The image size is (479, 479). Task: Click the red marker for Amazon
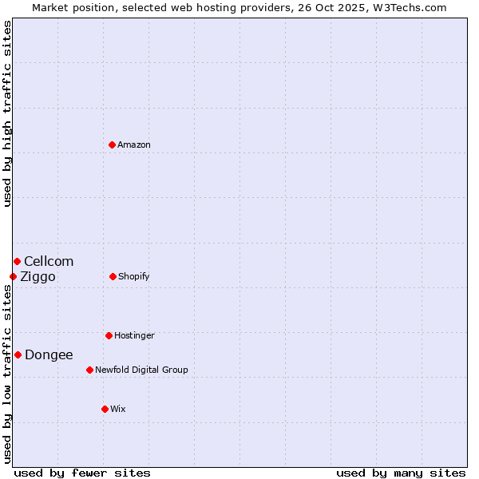click(x=113, y=144)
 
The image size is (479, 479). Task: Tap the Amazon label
click(x=134, y=144)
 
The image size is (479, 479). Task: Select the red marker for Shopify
click(x=113, y=276)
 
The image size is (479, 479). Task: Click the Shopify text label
click(x=134, y=276)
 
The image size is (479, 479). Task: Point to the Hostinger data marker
click(x=109, y=335)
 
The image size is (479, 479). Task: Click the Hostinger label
click(x=134, y=335)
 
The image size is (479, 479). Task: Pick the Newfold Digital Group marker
click(x=89, y=370)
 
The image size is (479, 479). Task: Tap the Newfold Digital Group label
click(x=141, y=370)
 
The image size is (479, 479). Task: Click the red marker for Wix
click(x=105, y=409)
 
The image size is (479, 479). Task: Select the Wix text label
click(x=118, y=409)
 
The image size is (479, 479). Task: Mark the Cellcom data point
click(x=17, y=261)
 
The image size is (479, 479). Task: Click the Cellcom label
click(x=49, y=261)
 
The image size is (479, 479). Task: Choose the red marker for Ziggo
click(x=13, y=276)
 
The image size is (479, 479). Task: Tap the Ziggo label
click(x=38, y=276)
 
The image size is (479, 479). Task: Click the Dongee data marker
click(x=18, y=354)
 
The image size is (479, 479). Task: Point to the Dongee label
click(x=49, y=354)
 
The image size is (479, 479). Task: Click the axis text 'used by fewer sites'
click(x=82, y=473)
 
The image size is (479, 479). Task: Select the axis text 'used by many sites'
click(x=401, y=473)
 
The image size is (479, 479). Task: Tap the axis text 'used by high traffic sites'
click(x=7, y=113)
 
